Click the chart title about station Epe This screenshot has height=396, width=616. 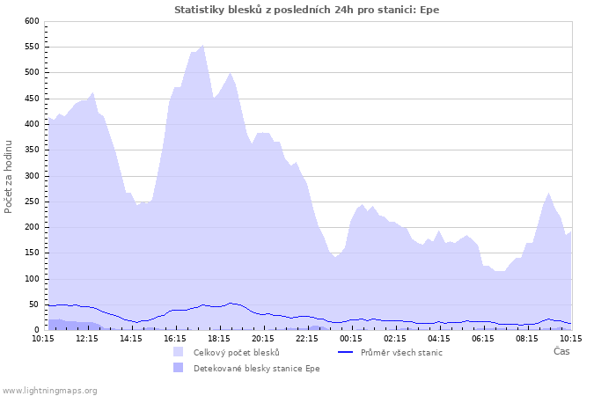click(x=307, y=10)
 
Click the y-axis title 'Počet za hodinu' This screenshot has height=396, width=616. click(x=9, y=175)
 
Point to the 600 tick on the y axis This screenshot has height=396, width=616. click(x=32, y=20)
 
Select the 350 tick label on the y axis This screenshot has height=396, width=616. click(x=32, y=150)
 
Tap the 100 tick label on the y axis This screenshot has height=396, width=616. click(x=32, y=279)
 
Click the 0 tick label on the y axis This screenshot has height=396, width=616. click(x=37, y=330)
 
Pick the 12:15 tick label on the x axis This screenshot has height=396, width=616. click(x=87, y=338)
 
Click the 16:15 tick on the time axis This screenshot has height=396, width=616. click(x=175, y=338)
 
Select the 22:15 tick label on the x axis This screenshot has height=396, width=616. click(x=307, y=338)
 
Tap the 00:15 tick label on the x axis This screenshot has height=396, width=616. click(x=351, y=338)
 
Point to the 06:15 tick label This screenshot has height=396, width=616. click(x=483, y=338)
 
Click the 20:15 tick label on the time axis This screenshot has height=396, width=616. click(x=263, y=338)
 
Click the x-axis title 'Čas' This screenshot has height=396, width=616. click(x=561, y=351)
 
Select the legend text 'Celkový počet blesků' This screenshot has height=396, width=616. click(x=237, y=352)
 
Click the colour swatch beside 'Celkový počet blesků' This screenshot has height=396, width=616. click(x=179, y=352)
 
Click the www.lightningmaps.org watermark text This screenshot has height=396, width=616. click(x=49, y=390)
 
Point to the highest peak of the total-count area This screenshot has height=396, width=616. click(x=203, y=46)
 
